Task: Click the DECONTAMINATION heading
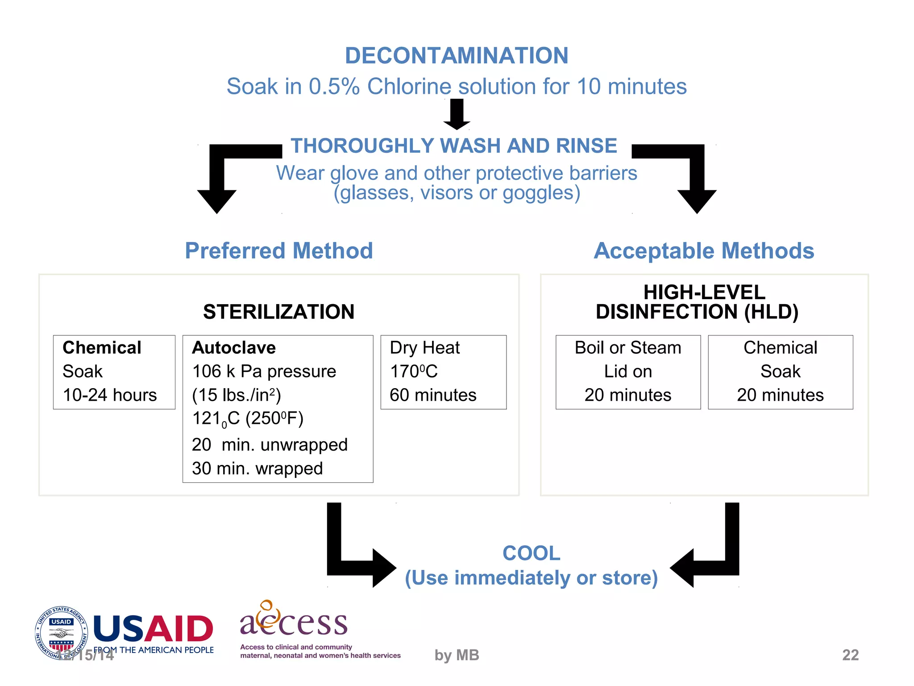pyautogui.click(x=457, y=56)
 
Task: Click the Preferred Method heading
pyautogui.click(x=279, y=251)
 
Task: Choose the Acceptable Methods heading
pyautogui.click(x=704, y=251)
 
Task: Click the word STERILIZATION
pyautogui.click(x=278, y=312)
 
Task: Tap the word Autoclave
pyautogui.click(x=234, y=347)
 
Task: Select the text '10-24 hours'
pyautogui.click(x=110, y=395)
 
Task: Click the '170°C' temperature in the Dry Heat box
pyautogui.click(x=414, y=371)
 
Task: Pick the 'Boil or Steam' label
pyautogui.click(x=628, y=347)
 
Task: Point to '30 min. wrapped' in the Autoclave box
pyautogui.click(x=258, y=468)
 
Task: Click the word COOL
pyautogui.click(x=531, y=553)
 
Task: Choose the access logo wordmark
pyautogui.click(x=294, y=620)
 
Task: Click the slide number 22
pyautogui.click(x=850, y=655)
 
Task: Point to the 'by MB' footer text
pyautogui.click(x=457, y=655)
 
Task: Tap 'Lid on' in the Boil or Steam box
pyautogui.click(x=628, y=371)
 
